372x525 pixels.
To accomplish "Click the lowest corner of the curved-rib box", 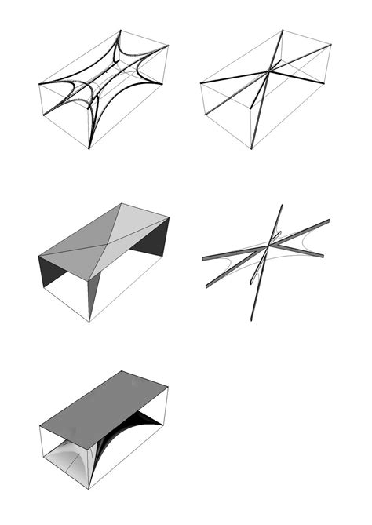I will coord(89,148).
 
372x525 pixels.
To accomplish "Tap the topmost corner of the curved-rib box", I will coord(120,31).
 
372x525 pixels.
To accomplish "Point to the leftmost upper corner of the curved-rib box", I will coord(40,83).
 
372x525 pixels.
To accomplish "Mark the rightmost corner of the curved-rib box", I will coord(169,46).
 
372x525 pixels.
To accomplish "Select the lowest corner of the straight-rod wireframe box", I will coord(251,148).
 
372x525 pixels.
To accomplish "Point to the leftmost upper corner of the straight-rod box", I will coord(201,82).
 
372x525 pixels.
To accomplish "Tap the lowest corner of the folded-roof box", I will coord(89,321).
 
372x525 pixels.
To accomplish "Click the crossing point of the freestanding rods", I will coord(268,246).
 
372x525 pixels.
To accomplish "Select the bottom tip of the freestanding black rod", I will coord(252,319).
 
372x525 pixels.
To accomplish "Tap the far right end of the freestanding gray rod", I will coord(329,221).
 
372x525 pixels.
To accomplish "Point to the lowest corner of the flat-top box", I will coord(89,489).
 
